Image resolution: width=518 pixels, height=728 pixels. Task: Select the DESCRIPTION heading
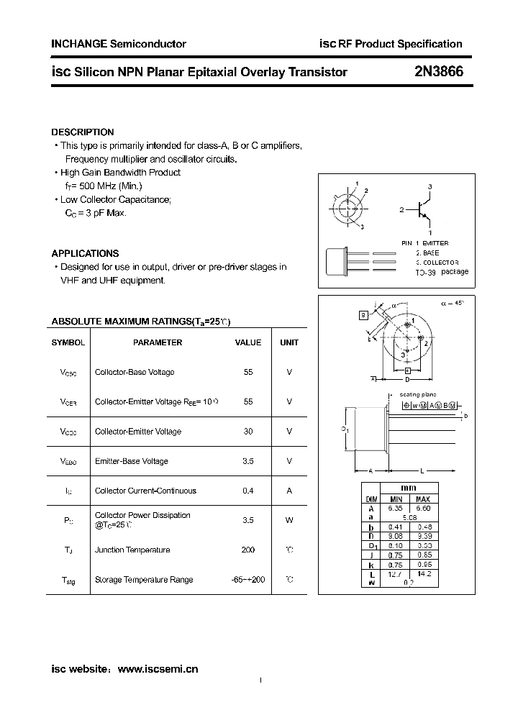83,132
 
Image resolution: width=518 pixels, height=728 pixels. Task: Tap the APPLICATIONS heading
85,253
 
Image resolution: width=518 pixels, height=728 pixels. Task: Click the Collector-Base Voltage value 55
248,372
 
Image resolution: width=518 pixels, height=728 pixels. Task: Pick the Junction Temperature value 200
248,550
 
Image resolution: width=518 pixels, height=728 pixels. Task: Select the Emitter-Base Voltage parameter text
131,461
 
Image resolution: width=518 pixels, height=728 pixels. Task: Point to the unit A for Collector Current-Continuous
289,491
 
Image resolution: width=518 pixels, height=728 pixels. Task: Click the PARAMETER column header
158,342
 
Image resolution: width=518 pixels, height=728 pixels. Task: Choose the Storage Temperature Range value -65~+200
248,580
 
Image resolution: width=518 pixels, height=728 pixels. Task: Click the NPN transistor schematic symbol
424,209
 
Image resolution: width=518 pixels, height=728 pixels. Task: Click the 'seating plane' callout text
418,395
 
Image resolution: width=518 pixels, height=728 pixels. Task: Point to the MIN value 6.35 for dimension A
396,507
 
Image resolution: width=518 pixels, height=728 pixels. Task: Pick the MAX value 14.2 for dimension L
423,575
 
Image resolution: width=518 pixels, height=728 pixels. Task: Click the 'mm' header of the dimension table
408,488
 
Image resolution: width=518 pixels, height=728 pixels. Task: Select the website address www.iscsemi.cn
158,669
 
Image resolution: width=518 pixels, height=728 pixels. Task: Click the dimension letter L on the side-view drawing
423,470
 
